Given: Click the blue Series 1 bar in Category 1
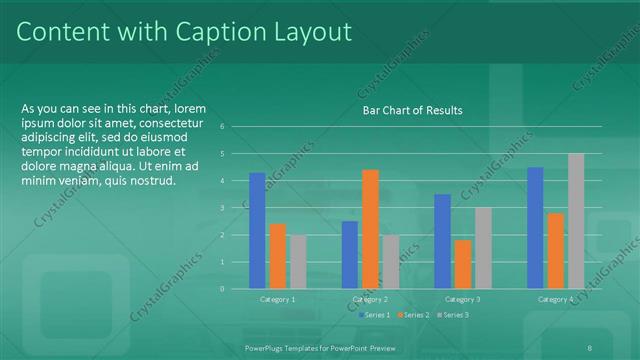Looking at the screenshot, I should [257, 231].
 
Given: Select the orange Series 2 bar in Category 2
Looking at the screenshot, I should [370, 229].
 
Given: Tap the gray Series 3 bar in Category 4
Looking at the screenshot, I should [575, 221].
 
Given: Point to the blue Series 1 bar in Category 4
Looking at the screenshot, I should [535, 228].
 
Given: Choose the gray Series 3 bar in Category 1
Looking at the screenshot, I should [298, 262].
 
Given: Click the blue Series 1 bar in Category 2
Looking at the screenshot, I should [349, 255].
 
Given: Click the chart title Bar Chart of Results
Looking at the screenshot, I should [412, 110].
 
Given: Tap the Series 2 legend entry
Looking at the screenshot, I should [411, 315].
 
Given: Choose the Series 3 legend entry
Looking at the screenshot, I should [451, 315].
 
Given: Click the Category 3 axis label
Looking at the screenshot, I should [462, 299].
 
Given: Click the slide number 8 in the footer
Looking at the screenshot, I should [591, 346].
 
